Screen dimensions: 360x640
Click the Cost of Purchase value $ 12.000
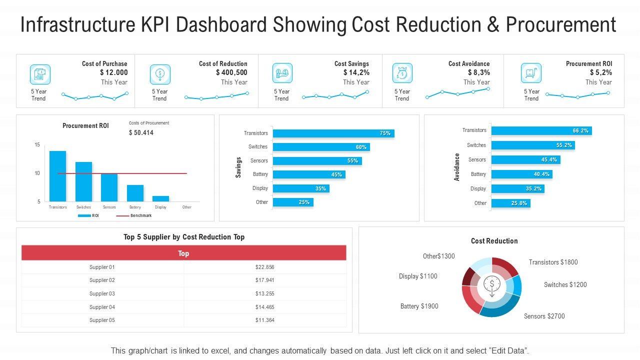pyautogui.click(x=113, y=72)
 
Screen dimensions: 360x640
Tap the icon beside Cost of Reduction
pyautogui.click(x=160, y=74)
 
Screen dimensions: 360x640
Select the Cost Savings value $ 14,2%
pyautogui.click(x=356, y=72)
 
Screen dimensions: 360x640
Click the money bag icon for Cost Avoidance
pyautogui.click(x=402, y=73)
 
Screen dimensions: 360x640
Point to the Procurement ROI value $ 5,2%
pyautogui.click(x=600, y=72)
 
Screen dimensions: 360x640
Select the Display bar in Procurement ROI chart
pyautogui.click(x=160, y=198)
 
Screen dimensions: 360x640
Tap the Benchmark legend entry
pyautogui.click(x=134, y=215)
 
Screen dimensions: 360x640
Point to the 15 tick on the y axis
pyautogui.click(x=37, y=145)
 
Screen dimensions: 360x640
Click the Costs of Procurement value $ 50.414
pyautogui.click(x=141, y=132)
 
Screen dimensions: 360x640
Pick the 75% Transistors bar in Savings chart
pyautogui.click(x=333, y=133)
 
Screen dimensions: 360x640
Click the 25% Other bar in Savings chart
pyautogui.click(x=293, y=202)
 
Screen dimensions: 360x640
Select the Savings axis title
pyautogui.click(x=238, y=167)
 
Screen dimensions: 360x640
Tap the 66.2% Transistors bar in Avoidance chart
pyautogui.click(x=541, y=130)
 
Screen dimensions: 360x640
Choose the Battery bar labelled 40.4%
pyautogui.click(x=521, y=174)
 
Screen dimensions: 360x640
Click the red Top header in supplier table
pyautogui.click(x=183, y=253)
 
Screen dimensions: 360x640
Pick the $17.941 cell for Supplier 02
pyautogui.click(x=264, y=280)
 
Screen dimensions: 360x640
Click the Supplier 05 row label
pyautogui.click(x=102, y=320)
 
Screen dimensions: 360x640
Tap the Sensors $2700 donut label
pyautogui.click(x=544, y=316)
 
